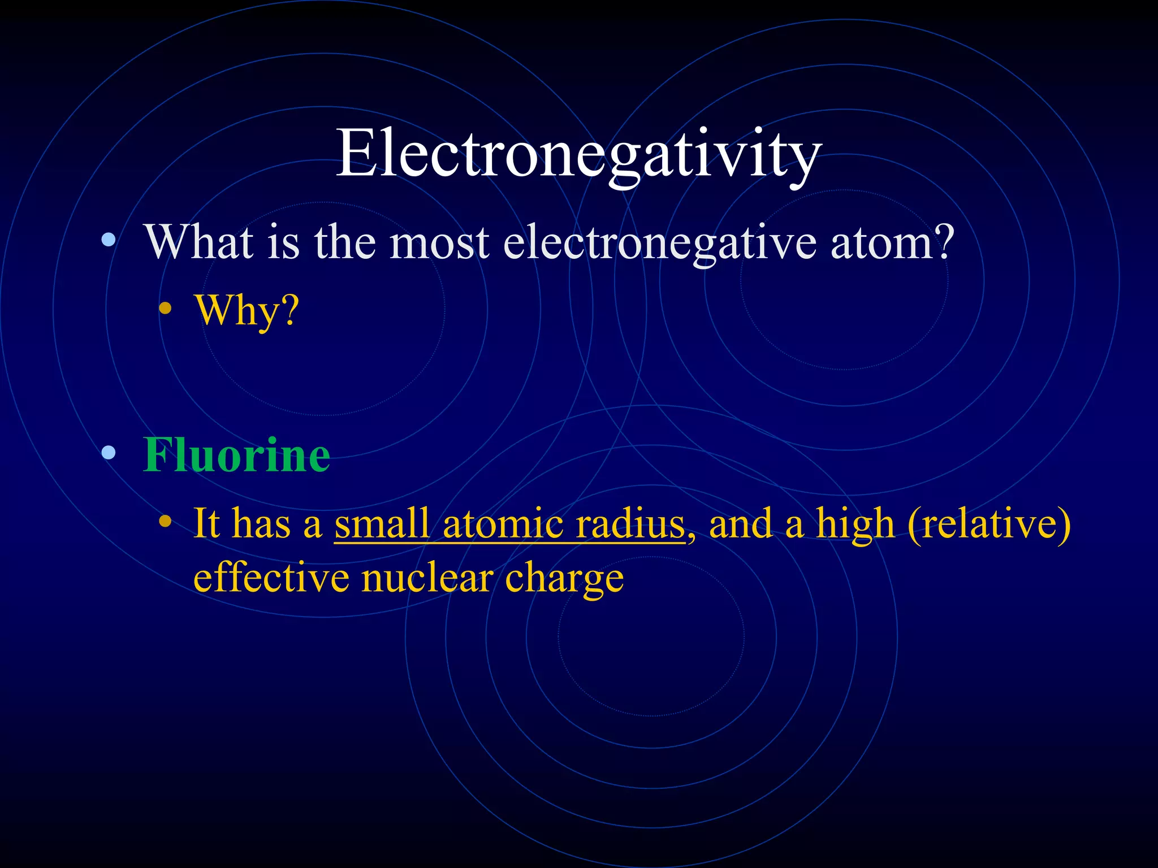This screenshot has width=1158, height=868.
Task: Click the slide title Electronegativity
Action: [578, 154]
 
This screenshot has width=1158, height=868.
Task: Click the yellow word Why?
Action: [247, 311]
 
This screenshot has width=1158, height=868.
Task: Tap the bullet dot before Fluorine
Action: [109, 453]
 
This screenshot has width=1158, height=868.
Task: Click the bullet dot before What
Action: [109, 241]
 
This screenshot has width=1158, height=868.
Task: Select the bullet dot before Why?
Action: [165, 309]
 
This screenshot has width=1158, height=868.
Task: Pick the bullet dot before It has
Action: [165, 521]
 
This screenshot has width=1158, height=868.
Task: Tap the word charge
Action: [564, 580]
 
